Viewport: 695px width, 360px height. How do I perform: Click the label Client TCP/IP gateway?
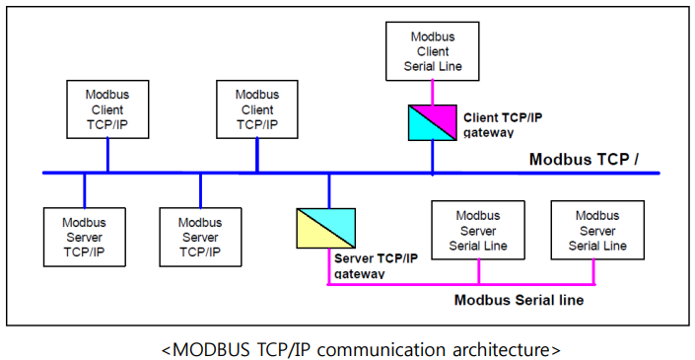[x=503, y=124]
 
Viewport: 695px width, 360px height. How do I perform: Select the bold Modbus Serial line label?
[x=518, y=299]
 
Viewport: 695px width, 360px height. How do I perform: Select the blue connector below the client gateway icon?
[x=433, y=158]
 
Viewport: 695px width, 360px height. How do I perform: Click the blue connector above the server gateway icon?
[x=329, y=190]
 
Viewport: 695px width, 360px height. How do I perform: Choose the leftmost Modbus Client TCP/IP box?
[x=108, y=109]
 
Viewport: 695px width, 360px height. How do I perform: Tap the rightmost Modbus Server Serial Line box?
[x=597, y=230]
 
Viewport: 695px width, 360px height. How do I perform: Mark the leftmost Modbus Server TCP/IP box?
[x=84, y=237]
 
